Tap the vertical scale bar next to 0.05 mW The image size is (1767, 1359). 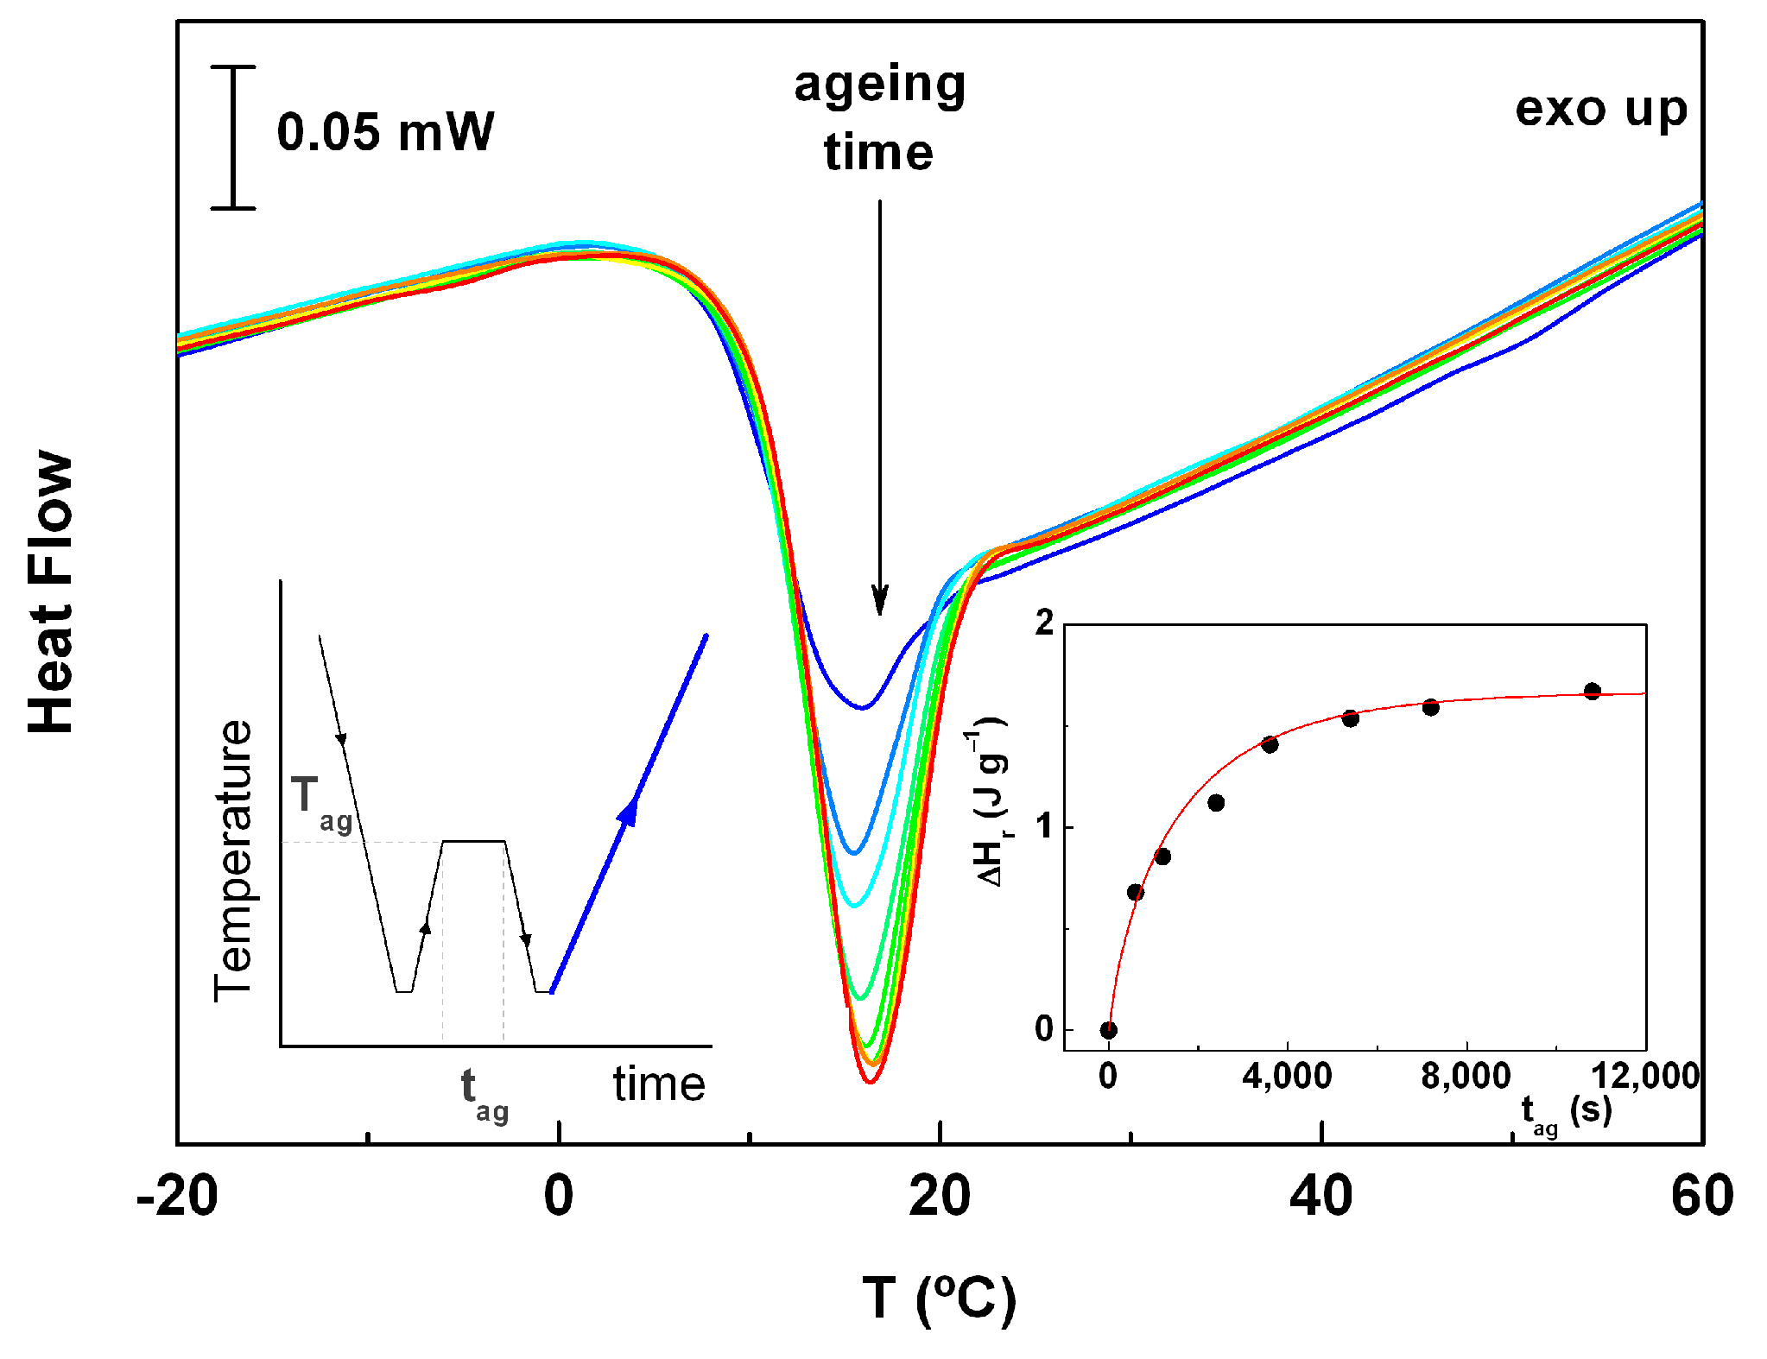pos(233,137)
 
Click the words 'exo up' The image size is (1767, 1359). pos(1600,110)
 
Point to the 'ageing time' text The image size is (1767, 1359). pos(879,118)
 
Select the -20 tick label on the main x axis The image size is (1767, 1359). pos(176,1197)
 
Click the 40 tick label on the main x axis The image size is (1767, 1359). pos(1320,1197)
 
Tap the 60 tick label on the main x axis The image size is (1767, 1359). pos(1701,1197)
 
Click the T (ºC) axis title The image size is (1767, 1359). pos(939,1299)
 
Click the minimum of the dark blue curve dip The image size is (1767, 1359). pos(861,708)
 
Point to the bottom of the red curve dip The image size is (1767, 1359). pos(870,1081)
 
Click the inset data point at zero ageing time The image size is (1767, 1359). pos(1109,1029)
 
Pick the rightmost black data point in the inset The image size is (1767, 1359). pos(1593,691)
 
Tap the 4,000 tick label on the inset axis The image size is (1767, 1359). pos(1287,1076)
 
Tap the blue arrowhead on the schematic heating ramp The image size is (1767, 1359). pos(629,811)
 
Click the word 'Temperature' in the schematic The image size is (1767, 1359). pos(233,860)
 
